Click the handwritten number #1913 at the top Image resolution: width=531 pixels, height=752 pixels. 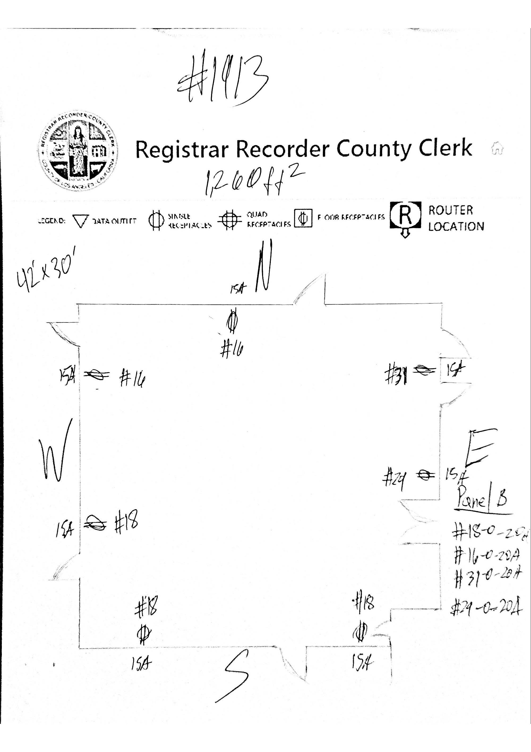222,79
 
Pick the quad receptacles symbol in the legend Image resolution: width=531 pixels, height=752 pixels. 229,220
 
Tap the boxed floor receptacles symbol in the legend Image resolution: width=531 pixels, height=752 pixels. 303,218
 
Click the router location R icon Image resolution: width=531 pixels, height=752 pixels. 405,216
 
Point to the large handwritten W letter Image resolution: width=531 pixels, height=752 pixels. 56,454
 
